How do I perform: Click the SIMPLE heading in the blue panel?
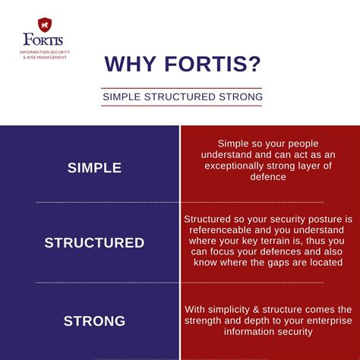(x=94, y=168)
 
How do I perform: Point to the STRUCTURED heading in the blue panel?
(x=94, y=243)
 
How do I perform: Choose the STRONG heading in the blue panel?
(x=94, y=321)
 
